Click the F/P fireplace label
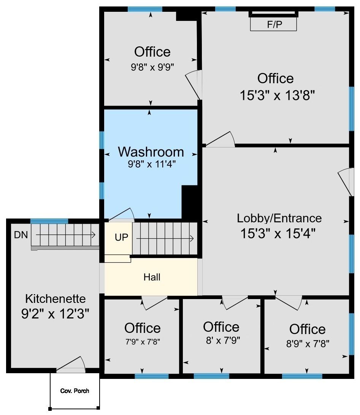coord(274,24)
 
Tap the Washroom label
coord(151,152)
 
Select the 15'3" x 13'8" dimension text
coord(278,95)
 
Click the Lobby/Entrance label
coord(279,219)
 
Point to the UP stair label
coord(122,237)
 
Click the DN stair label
coord(21,235)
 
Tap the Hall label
coord(152,277)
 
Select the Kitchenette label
coord(56,299)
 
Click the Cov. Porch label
coord(75,391)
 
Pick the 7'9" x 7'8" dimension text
coord(143,342)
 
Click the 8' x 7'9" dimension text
coord(223,340)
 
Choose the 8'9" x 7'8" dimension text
coord(308,344)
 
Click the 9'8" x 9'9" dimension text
coord(152,67)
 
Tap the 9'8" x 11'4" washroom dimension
coord(152,164)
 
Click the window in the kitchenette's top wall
coord(49,221)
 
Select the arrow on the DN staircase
coord(66,235)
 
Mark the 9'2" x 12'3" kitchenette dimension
coord(55,314)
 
